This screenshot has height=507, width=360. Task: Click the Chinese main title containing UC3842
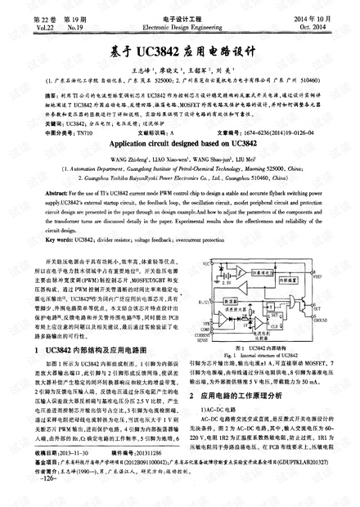(x=180, y=49)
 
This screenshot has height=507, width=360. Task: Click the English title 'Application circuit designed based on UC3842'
(x=180, y=141)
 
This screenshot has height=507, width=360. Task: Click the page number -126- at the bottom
(x=37, y=500)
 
